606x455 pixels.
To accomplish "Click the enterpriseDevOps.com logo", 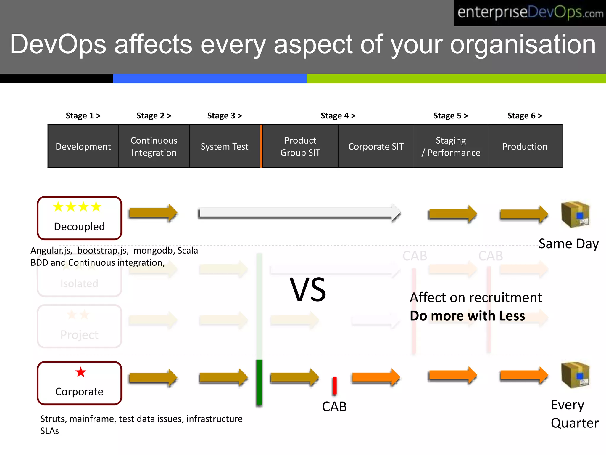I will (x=530, y=13).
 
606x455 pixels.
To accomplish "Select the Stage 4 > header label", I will (x=338, y=116).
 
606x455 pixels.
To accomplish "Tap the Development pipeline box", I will (x=83, y=146).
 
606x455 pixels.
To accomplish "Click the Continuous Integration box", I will (x=154, y=146).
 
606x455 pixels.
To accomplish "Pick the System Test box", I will (x=224, y=146).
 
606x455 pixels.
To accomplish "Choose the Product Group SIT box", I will (x=300, y=146).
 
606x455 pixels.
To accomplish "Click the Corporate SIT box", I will (x=376, y=146).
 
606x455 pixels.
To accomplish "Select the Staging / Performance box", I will (x=451, y=146).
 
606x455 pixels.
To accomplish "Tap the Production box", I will (x=525, y=146).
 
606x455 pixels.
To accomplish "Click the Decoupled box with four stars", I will (x=79, y=218).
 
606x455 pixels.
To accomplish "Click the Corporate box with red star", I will (x=79, y=383).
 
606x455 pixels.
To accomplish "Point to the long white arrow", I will (x=299, y=213).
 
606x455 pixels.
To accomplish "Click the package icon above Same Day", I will (x=575, y=214).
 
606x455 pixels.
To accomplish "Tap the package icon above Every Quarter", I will (x=575, y=375).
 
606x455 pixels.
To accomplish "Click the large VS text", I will (x=308, y=290).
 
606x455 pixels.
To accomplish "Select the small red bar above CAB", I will (x=335, y=386).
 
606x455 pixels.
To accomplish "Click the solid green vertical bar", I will (x=259, y=382).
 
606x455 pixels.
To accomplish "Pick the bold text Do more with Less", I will (x=467, y=316).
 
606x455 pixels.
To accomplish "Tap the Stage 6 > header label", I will (x=525, y=116).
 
